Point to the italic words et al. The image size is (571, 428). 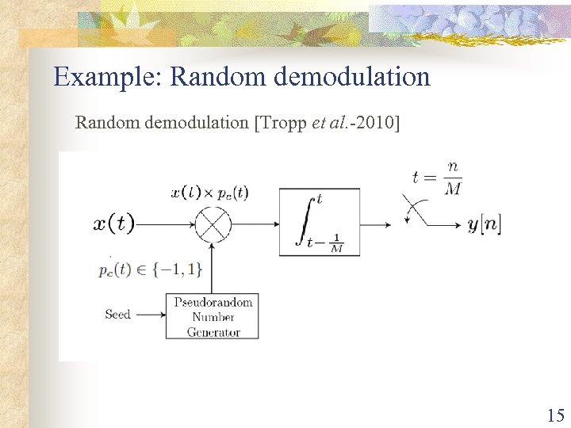pyautogui.click(x=329, y=122)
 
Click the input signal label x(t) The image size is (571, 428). pyautogui.click(x=114, y=224)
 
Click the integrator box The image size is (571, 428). pyautogui.click(x=319, y=222)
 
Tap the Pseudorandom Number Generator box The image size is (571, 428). pyautogui.click(x=213, y=316)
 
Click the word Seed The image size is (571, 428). pyautogui.click(x=117, y=315)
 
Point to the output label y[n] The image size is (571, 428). pyautogui.click(x=484, y=224)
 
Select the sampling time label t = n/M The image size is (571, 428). pyautogui.click(x=437, y=178)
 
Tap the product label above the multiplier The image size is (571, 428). pyautogui.click(x=209, y=193)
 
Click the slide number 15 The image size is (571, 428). pyautogui.click(x=555, y=415)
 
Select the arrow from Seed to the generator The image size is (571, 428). pyautogui.click(x=148, y=315)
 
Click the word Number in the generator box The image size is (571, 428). pyautogui.click(x=213, y=317)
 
